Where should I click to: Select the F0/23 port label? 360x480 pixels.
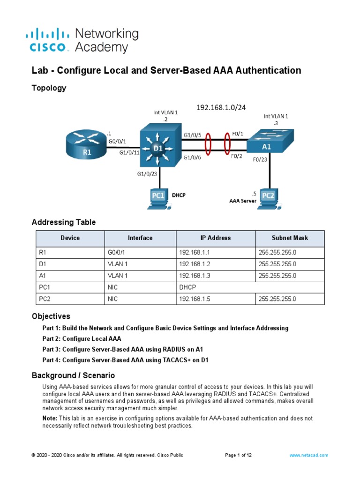260,159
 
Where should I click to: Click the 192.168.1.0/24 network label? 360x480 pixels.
220,108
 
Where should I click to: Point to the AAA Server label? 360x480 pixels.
243,200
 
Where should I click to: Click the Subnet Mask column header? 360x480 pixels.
290,238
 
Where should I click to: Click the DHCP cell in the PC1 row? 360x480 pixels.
187,287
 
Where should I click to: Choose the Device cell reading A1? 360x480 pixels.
43,276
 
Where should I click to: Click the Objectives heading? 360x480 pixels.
51,316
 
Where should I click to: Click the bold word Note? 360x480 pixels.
50,418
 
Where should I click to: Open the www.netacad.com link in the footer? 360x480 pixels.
308,455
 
